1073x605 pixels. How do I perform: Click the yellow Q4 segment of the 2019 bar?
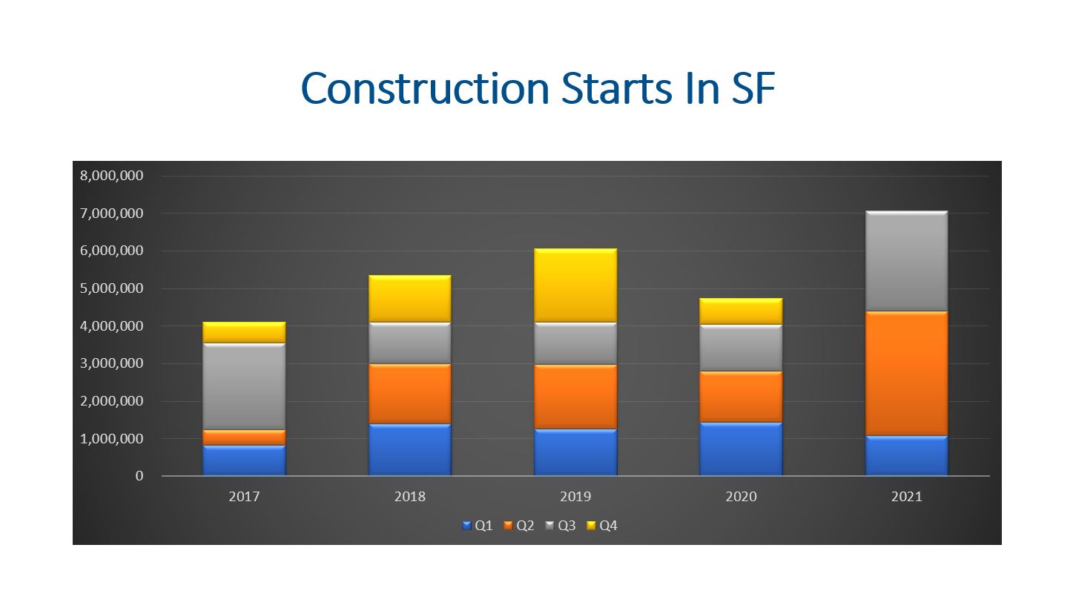575,285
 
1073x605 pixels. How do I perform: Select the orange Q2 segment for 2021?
906,374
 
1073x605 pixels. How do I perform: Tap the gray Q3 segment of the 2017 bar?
244,386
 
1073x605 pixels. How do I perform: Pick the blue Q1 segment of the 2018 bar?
409,450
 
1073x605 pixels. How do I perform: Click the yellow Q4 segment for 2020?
741,311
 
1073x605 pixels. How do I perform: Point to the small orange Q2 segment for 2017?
244,438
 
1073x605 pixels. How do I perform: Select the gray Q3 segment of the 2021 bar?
906,261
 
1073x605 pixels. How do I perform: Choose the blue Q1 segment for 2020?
741,449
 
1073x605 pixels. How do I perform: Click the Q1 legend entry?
477,526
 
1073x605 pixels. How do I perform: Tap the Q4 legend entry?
602,526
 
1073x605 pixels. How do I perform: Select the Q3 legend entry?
561,526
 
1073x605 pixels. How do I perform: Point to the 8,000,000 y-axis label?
112,176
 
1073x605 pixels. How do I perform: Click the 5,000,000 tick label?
112,288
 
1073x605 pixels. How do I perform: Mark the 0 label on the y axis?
139,476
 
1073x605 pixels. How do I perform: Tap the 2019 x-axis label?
575,497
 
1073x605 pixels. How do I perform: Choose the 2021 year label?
906,497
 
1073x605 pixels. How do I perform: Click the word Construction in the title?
425,89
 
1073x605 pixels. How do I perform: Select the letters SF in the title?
753,89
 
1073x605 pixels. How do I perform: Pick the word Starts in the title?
616,89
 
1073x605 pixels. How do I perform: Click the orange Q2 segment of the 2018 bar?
409,394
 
